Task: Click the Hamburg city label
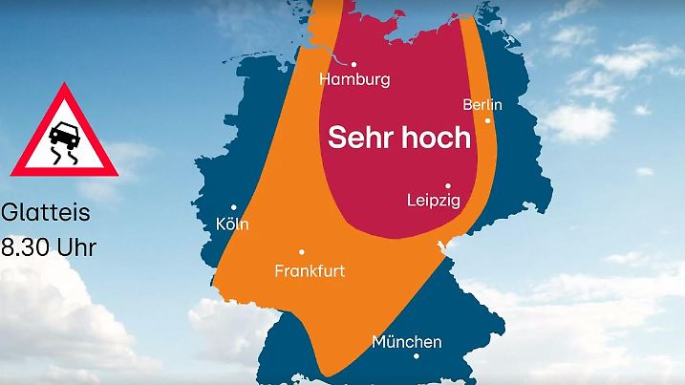pyautogui.click(x=354, y=79)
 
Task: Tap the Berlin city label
pyautogui.click(x=482, y=103)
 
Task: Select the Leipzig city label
pyautogui.click(x=433, y=201)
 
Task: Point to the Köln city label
pyautogui.click(x=232, y=225)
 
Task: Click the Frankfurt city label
pyautogui.click(x=310, y=270)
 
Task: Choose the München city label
pyautogui.click(x=407, y=341)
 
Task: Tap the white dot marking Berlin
pyautogui.click(x=488, y=120)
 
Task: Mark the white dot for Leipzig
pyautogui.click(x=447, y=185)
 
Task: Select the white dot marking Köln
pyautogui.click(x=234, y=207)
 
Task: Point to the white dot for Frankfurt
pyautogui.click(x=302, y=252)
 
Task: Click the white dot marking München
pyautogui.click(x=417, y=356)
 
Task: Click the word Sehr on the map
pyautogui.click(x=361, y=138)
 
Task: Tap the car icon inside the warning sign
pyautogui.click(x=63, y=132)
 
